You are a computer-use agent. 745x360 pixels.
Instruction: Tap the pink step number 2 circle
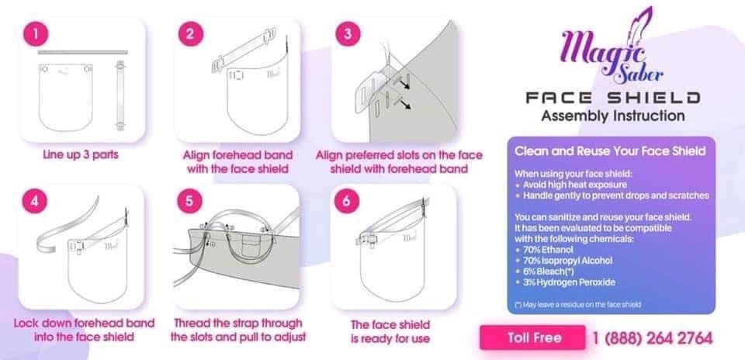pyautogui.click(x=190, y=35)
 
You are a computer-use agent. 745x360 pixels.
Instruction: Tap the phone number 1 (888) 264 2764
pyautogui.click(x=653, y=338)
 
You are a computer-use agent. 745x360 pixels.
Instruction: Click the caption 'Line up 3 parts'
pyautogui.click(x=81, y=154)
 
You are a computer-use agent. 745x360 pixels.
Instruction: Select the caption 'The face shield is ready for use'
pyautogui.click(x=392, y=331)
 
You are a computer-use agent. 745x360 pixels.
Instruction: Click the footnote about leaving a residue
pyautogui.click(x=578, y=303)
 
